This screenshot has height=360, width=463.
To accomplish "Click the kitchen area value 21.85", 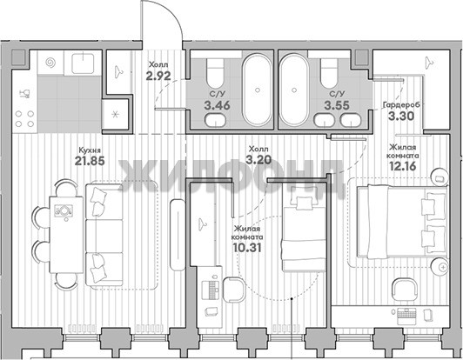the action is (90, 161).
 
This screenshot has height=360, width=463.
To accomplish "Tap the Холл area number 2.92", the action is (158, 76).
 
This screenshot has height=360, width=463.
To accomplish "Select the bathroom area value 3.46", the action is (217, 105).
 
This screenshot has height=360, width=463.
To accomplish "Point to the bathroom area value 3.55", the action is (337, 105).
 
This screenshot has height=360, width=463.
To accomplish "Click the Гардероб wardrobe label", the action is (401, 104).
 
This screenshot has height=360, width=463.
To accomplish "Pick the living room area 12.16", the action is (402, 166).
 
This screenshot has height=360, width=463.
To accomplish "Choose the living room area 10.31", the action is (247, 248).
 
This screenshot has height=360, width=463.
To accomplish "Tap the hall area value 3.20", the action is (258, 160).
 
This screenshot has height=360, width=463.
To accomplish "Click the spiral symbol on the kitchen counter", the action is (50, 63).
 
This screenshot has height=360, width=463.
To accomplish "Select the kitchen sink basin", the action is (83, 62).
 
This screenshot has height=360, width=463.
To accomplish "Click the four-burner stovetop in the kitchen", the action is (24, 118).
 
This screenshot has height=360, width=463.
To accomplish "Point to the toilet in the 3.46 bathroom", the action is (215, 72).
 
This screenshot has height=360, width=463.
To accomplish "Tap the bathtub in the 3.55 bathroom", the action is (294, 90).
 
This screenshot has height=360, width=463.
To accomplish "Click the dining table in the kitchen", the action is (66, 235).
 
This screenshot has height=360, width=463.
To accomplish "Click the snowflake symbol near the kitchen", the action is (115, 114).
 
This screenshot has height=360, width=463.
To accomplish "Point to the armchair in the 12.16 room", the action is (404, 290).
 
